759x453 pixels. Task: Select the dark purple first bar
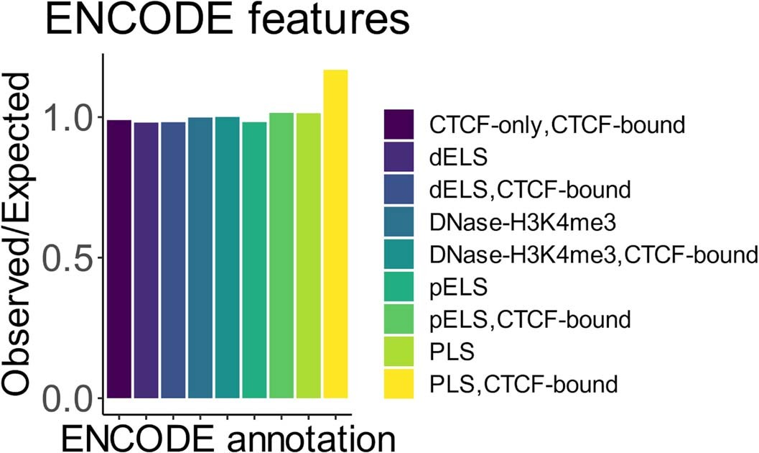119,259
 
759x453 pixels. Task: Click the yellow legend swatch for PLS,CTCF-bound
399,384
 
